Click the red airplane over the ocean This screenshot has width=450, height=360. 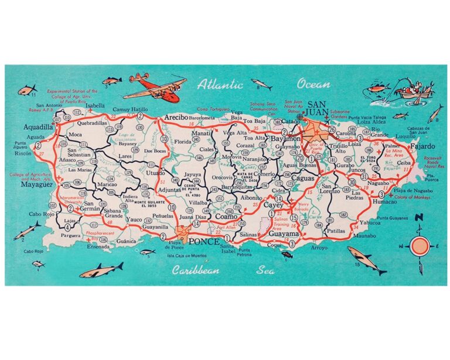point(146,87)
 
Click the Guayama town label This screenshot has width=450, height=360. point(284,233)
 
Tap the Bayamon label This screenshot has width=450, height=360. point(285,138)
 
